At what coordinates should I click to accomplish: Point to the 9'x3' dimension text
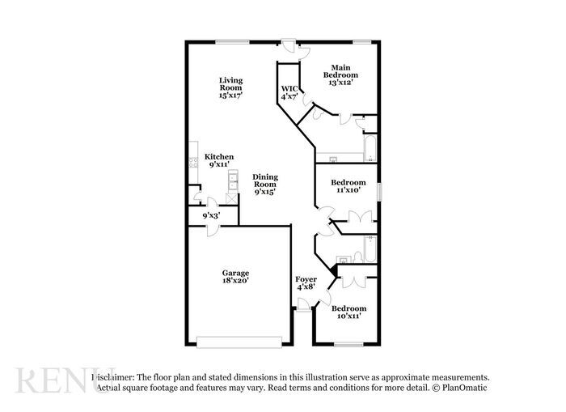(x=211, y=215)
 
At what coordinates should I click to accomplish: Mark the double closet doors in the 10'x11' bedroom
(x=354, y=278)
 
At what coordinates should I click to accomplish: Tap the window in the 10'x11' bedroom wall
(x=348, y=345)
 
